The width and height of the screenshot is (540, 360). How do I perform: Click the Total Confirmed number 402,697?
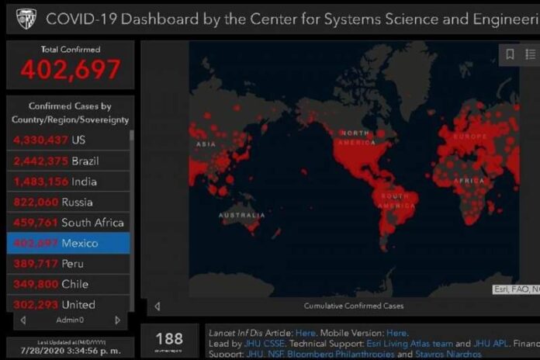[x=71, y=70]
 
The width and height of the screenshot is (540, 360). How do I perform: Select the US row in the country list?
[x=68, y=140]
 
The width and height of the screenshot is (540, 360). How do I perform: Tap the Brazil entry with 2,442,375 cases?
[x=68, y=161]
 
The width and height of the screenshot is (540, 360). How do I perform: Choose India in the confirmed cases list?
[x=68, y=182]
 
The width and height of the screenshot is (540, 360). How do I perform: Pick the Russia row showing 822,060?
[x=68, y=202]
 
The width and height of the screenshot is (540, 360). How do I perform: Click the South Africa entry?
[x=68, y=223]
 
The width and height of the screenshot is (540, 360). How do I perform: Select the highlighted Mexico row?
[x=68, y=243]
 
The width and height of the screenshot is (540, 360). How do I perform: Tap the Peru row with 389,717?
[x=68, y=264]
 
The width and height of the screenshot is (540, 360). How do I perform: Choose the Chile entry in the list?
[x=68, y=284]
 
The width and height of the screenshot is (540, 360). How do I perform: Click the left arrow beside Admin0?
[x=23, y=320]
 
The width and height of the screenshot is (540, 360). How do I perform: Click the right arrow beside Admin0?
[x=117, y=320]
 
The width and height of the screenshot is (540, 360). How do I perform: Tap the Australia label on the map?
[x=241, y=215]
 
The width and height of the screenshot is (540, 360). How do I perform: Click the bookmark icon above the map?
[x=510, y=54]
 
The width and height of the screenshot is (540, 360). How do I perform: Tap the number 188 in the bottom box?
[x=169, y=338]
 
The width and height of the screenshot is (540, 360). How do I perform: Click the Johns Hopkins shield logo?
[x=26, y=19]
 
